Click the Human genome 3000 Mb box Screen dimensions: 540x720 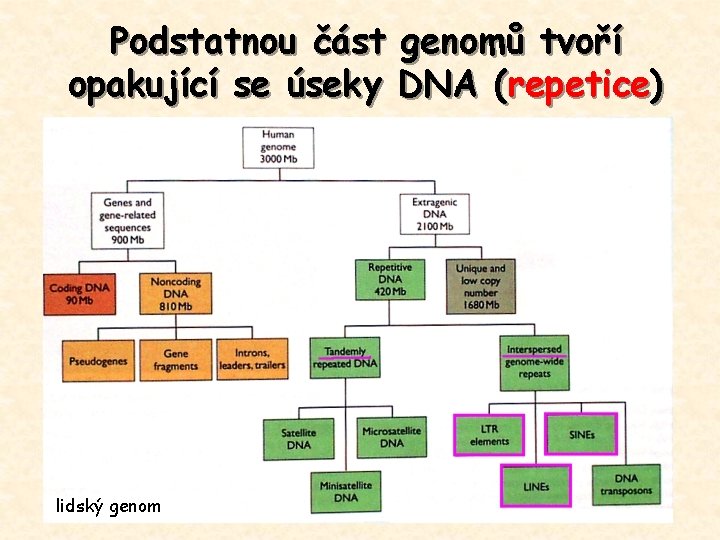277,148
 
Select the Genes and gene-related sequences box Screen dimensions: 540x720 127,221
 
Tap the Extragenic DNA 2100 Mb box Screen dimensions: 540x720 433,215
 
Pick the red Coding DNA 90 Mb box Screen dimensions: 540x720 79,295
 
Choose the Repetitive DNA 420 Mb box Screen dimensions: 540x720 389,279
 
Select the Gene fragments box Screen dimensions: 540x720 176,360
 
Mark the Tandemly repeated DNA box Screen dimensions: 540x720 345,358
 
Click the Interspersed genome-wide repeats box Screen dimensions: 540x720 535,361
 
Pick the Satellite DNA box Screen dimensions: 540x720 298,438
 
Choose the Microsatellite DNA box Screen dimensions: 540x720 391,437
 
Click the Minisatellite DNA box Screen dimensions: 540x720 345,491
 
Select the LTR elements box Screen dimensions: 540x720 489,435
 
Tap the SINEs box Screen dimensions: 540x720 581,434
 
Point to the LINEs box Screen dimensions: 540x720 535,486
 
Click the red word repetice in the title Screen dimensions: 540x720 578,86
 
